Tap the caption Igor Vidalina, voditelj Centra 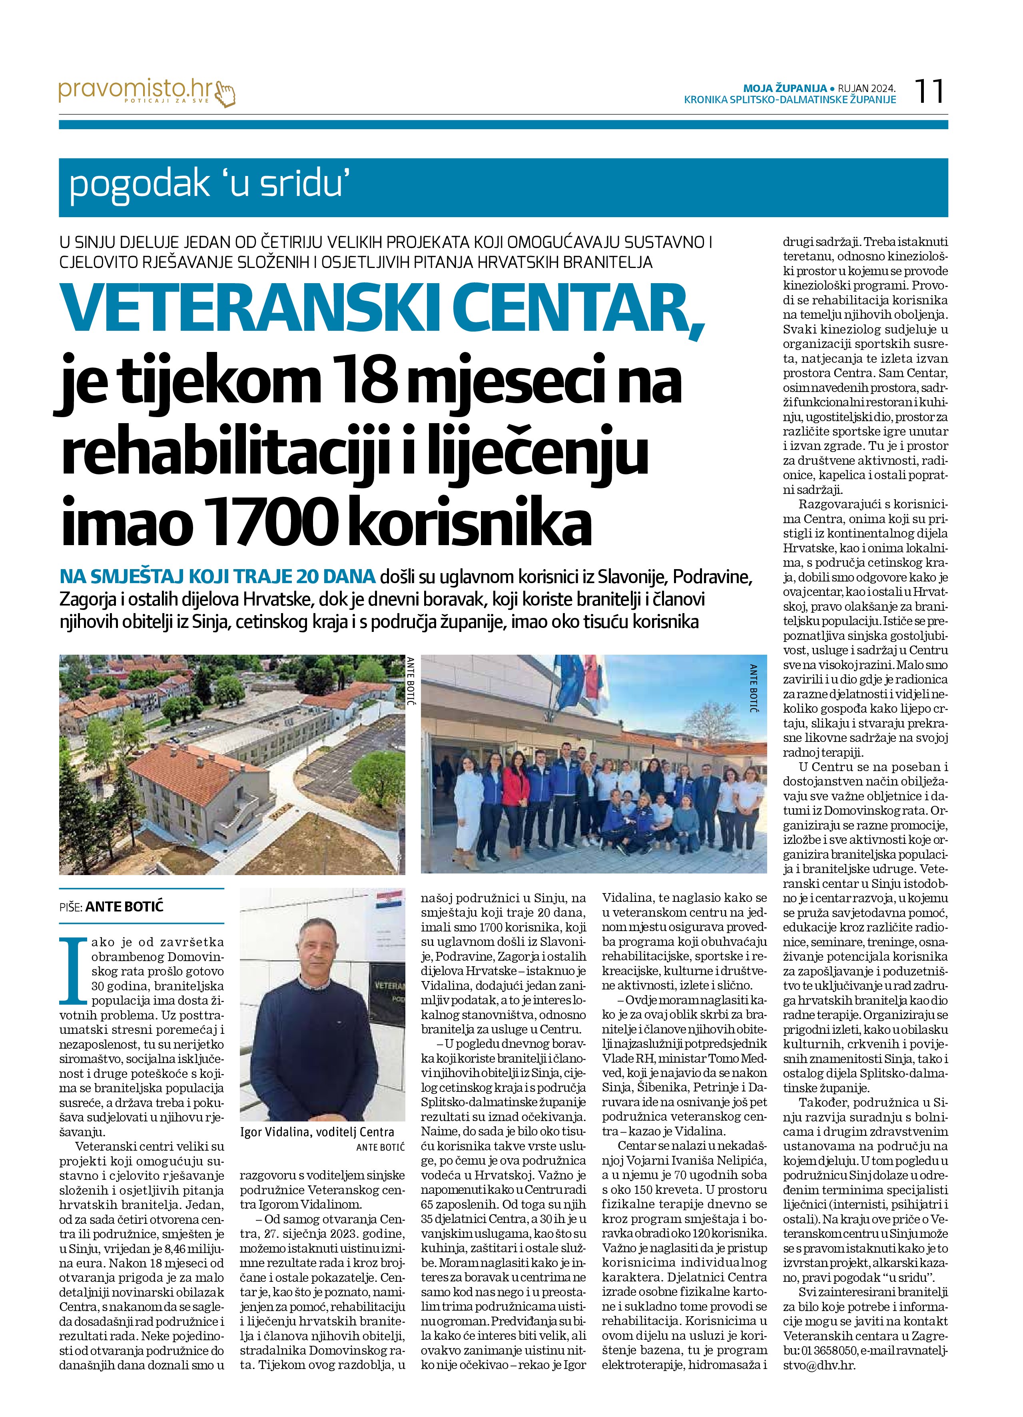(317, 1131)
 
